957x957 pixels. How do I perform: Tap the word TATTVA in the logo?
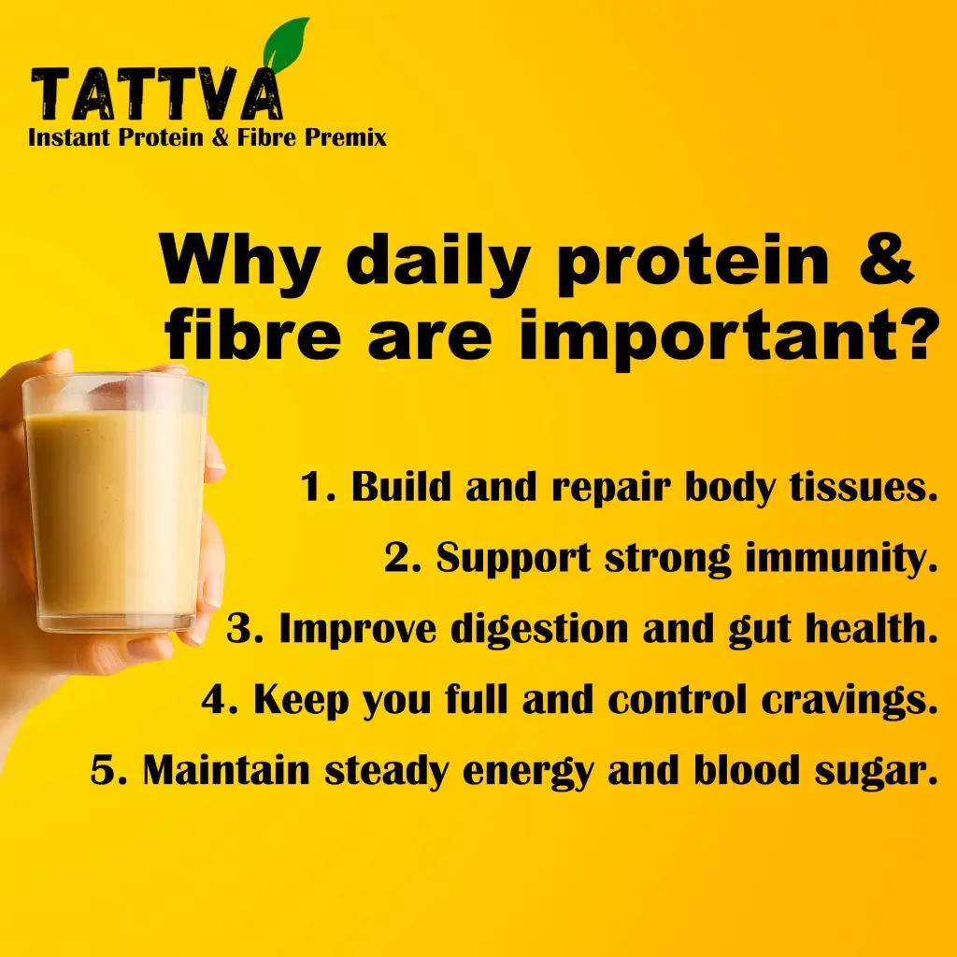(157, 93)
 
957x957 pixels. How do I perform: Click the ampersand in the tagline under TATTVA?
(220, 136)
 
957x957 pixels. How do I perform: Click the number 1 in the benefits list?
(312, 486)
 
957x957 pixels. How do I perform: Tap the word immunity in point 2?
(841, 559)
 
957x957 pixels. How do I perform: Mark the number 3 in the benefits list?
(238, 629)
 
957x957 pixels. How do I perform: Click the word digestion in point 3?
(539, 630)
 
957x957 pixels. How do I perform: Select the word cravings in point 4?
(849, 701)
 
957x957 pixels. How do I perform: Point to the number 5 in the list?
(102, 770)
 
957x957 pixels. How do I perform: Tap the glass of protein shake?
(115, 504)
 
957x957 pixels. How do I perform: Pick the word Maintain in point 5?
(226, 770)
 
